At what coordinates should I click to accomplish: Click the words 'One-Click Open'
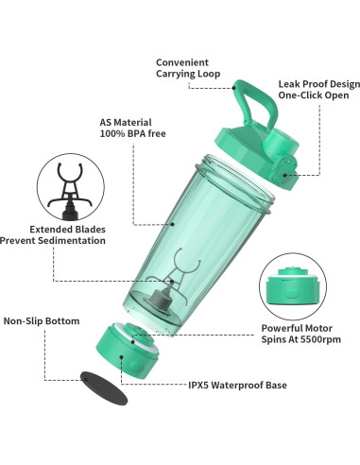click(314, 96)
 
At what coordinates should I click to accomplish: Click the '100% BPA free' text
click(132, 135)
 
